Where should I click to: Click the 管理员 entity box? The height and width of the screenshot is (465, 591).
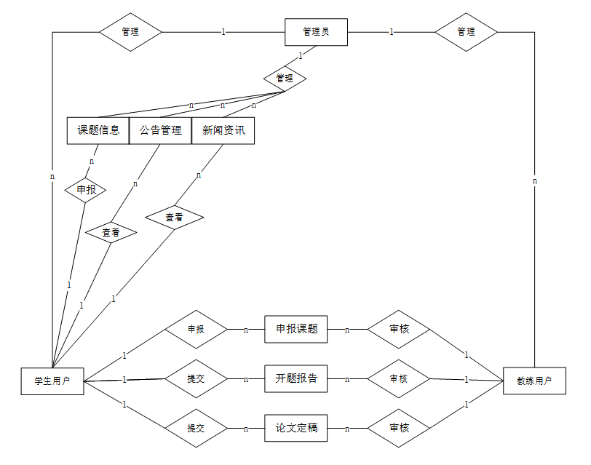pos(316,32)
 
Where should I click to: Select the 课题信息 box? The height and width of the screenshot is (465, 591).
pos(98,131)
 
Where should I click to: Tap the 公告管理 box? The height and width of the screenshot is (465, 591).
pos(161,131)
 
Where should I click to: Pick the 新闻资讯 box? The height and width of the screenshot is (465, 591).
pos(223,131)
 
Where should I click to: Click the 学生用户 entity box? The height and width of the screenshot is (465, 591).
pos(52,381)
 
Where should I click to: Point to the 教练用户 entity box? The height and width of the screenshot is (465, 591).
pos(534,381)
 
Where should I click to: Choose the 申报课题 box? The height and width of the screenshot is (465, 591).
pos(296,329)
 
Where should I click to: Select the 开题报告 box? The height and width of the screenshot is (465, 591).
pos(296,378)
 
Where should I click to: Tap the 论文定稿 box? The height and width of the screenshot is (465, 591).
pos(296,428)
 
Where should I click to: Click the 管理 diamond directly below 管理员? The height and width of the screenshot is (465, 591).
pos(285,79)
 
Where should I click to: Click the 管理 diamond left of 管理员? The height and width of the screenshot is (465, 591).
pos(130,32)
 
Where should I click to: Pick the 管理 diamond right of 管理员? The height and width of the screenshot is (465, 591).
pos(466,32)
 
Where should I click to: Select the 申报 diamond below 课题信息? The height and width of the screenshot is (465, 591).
pos(85,191)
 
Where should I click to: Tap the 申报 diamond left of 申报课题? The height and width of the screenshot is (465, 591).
pos(196,330)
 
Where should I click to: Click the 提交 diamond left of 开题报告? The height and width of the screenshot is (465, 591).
pos(196,379)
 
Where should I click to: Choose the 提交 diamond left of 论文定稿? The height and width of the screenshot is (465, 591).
pos(196,429)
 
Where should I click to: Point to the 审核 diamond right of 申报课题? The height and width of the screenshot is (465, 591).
pos(399,330)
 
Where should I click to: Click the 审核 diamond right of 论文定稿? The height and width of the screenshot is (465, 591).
pos(399,428)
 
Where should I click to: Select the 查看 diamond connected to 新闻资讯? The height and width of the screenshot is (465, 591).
pos(174,217)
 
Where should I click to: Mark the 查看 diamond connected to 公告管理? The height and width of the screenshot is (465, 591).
pos(111,233)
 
